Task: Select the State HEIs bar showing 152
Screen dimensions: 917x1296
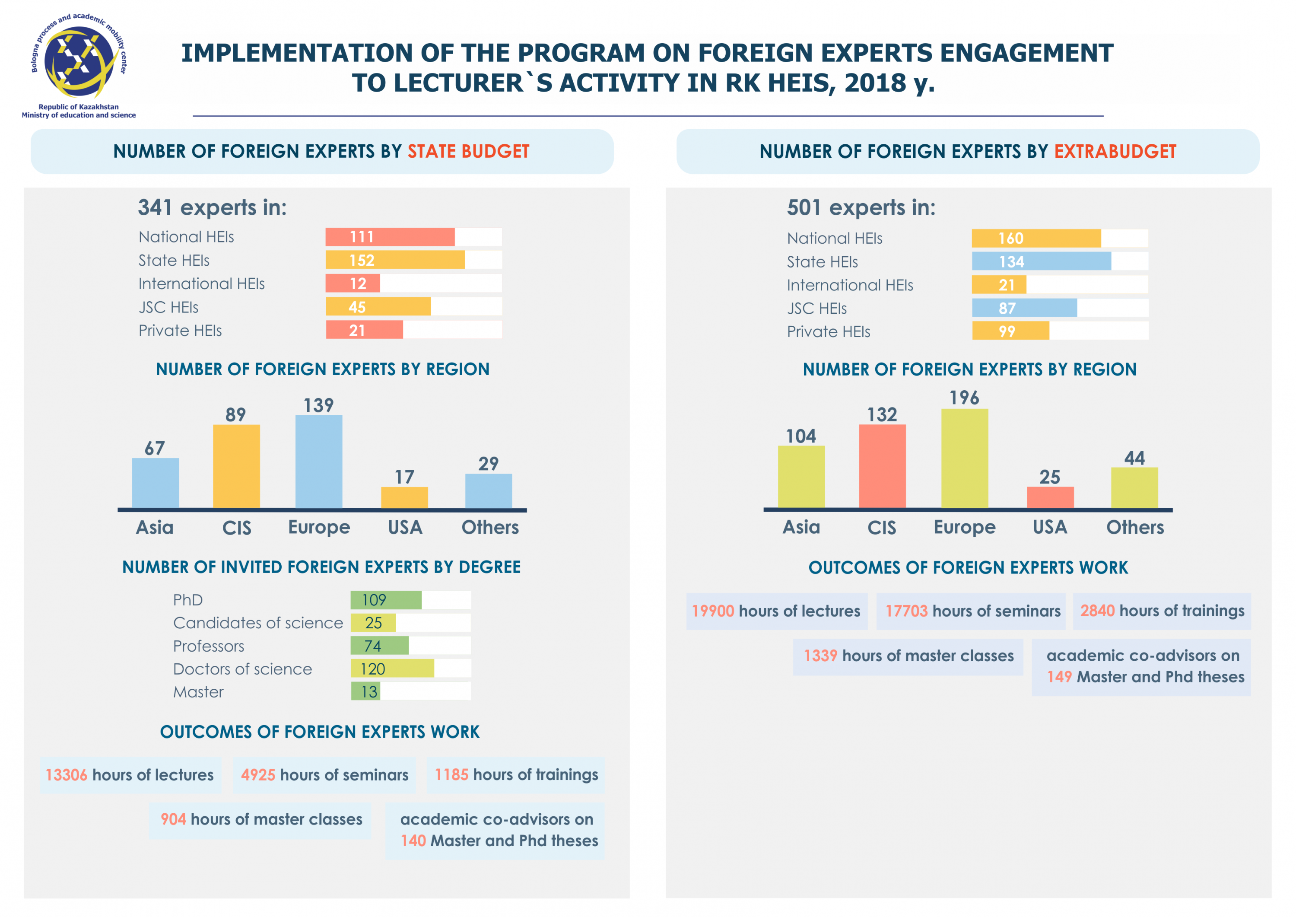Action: (x=395, y=260)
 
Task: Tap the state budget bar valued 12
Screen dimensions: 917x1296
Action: (x=353, y=283)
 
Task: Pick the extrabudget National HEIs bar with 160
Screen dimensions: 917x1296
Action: (x=1036, y=238)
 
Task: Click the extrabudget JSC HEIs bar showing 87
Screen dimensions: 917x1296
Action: (x=1024, y=308)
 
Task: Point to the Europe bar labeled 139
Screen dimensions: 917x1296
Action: (x=319, y=462)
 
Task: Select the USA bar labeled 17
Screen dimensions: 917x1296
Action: (x=404, y=497)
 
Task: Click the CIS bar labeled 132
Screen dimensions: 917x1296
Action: (x=882, y=466)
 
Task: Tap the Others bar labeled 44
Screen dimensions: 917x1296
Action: (x=1134, y=488)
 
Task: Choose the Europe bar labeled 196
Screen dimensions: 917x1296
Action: (x=965, y=458)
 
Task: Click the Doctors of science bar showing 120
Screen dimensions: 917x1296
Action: (x=392, y=669)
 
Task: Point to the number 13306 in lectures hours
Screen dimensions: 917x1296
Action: (x=67, y=775)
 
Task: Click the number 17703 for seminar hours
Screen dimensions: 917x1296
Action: (x=906, y=611)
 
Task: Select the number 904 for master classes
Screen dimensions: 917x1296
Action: (x=173, y=819)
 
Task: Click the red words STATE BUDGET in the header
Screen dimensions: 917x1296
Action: (x=468, y=151)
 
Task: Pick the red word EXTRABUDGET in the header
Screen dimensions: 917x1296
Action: (x=1115, y=151)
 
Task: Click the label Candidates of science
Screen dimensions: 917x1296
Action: (x=258, y=623)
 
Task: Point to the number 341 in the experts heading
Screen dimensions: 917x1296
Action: (x=155, y=208)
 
